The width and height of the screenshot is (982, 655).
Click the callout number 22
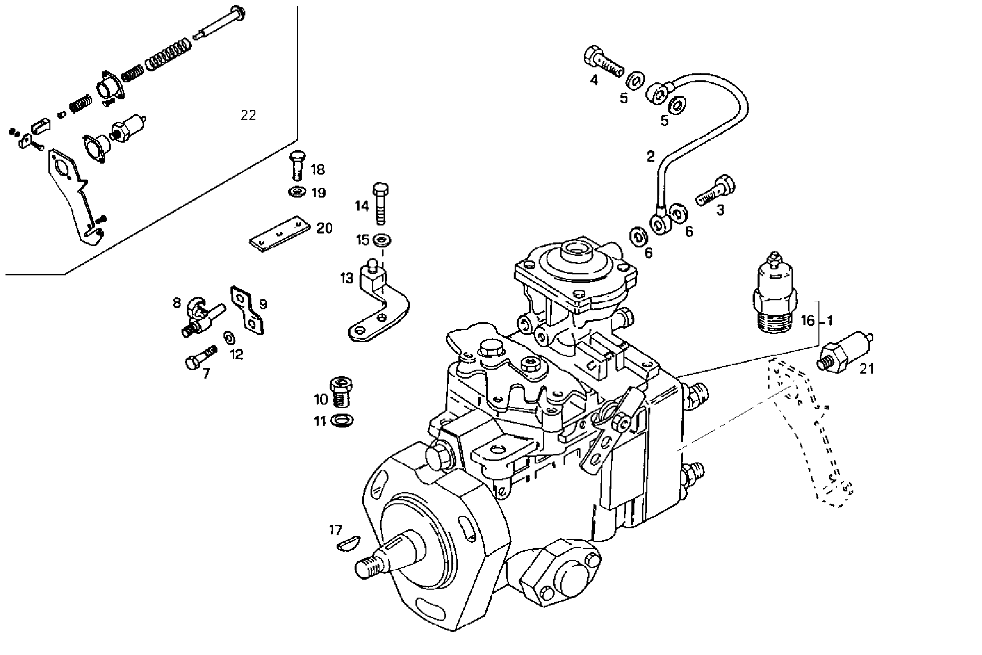(248, 115)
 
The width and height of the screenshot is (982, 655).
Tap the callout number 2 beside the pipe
(650, 157)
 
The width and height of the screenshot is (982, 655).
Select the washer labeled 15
(383, 240)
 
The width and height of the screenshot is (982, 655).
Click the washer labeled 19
(298, 192)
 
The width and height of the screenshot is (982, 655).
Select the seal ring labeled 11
(342, 420)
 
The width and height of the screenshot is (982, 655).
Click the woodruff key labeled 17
(348, 543)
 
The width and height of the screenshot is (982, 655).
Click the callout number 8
(177, 303)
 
